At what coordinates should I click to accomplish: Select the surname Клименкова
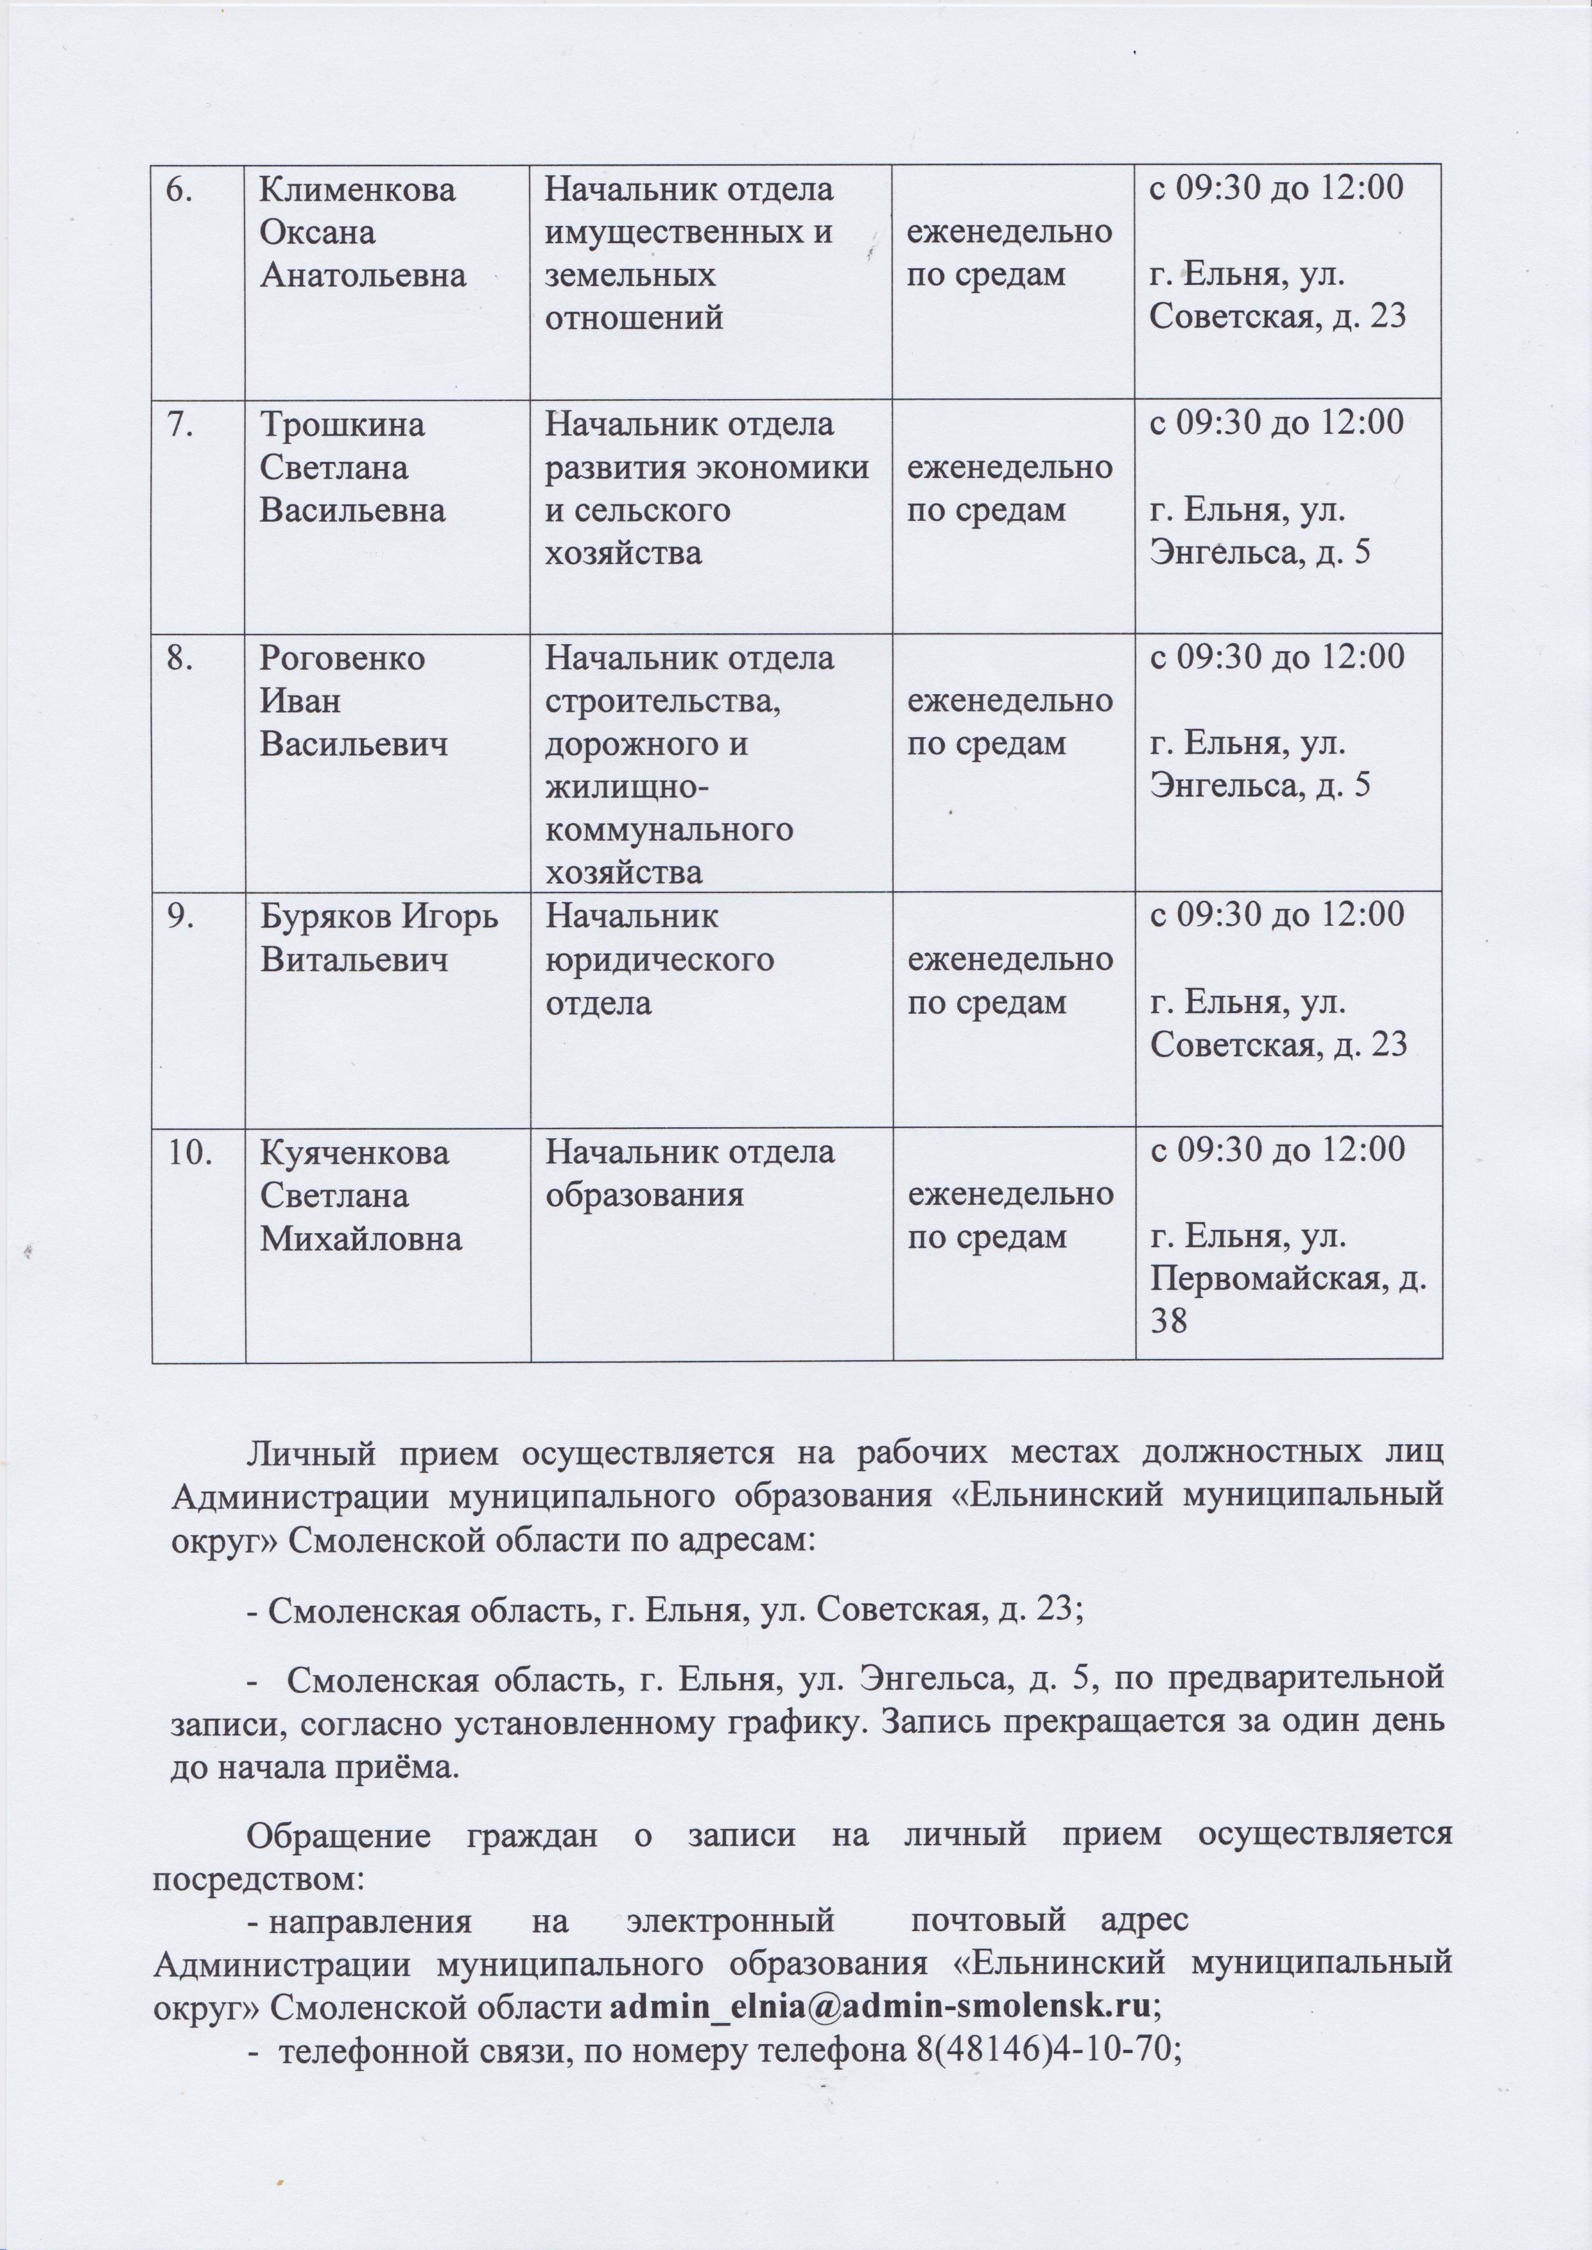pos(358,190)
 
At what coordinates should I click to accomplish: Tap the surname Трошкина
pos(342,425)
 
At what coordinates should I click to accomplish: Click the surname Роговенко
pos(342,658)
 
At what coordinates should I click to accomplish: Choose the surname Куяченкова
pos(355,1152)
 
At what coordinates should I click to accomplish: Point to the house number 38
pos(1168,1322)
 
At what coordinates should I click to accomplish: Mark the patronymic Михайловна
pos(361,1239)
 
